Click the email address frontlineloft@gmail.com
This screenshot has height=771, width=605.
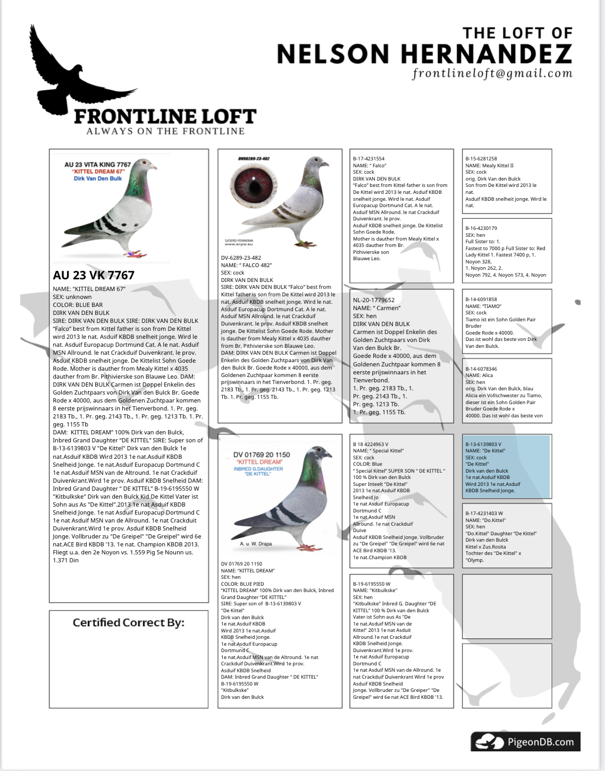(x=492, y=73)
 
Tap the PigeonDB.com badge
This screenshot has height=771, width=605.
(x=525, y=742)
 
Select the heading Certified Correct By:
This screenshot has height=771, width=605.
(x=129, y=622)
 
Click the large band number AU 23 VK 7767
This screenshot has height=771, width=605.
(x=94, y=275)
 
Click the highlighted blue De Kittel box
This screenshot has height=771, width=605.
(x=506, y=467)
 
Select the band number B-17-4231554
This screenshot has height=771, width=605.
(x=368, y=159)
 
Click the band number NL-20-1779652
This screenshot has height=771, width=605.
(x=374, y=300)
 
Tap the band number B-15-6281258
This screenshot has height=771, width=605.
(x=481, y=159)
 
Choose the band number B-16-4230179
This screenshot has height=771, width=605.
(x=481, y=228)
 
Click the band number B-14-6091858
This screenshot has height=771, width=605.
(x=481, y=299)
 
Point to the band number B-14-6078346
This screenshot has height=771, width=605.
(x=481, y=369)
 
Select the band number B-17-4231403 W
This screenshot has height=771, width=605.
(x=484, y=513)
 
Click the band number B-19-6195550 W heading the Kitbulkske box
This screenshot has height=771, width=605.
(x=372, y=584)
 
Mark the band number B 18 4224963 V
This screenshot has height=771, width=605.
(x=371, y=444)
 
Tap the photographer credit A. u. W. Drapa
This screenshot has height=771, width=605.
(x=256, y=544)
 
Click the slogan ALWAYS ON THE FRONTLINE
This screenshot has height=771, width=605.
(x=165, y=131)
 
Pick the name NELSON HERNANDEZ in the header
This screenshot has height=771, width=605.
(x=424, y=54)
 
